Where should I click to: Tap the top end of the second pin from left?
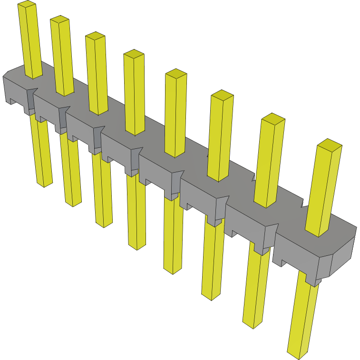pyautogui.click(x=59, y=19)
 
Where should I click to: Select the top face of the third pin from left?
pyautogui.click(x=95, y=36)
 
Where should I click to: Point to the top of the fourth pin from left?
pyautogui.click(x=134, y=53)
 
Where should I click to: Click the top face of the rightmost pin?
pyautogui.click(x=330, y=144)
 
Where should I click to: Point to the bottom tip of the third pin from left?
pyautogui.click(x=104, y=224)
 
